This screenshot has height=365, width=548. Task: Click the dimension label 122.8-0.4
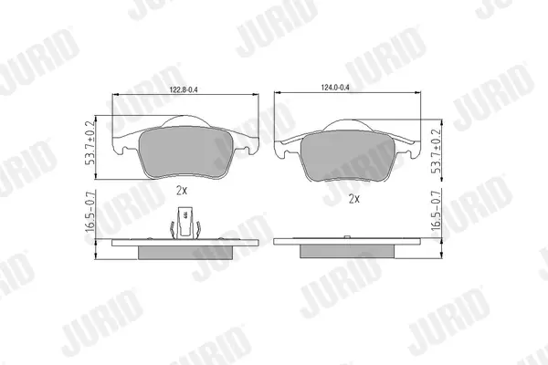pyautogui.click(x=184, y=89)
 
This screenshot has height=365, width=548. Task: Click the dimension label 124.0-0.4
pyautogui.click(x=335, y=88)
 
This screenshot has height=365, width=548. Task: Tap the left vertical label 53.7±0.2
pyautogui.click(x=90, y=143)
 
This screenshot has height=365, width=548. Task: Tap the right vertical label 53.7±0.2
pyautogui.click(x=436, y=151)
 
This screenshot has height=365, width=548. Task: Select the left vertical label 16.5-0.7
pyautogui.click(x=90, y=212)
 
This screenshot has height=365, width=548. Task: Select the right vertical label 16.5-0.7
pyautogui.click(x=436, y=210)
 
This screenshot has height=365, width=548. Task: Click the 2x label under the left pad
pyautogui.click(x=182, y=191)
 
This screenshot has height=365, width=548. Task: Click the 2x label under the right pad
pyautogui.click(x=354, y=199)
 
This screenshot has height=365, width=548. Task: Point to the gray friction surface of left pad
pyautogui.click(x=185, y=151)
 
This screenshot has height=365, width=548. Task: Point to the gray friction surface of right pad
pyautogui.click(x=347, y=155)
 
